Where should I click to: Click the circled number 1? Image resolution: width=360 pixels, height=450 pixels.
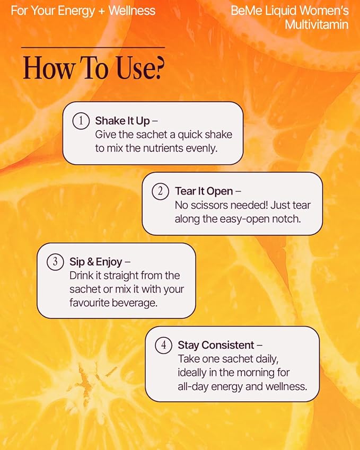tap(81, 121)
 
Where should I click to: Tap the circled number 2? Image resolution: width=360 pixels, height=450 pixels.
tap(161, 191)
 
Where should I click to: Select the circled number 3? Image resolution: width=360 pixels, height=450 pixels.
tap(55, 262)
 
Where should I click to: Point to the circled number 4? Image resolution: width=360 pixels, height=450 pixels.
tap(163, 345)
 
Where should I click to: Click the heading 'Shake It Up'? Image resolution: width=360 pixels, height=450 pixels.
tap(122, 121)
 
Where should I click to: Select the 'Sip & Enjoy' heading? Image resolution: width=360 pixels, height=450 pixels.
tap(96, 262)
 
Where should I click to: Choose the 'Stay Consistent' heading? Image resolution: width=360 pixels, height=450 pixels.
tap(216, 345)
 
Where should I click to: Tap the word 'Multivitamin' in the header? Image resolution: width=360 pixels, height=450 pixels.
tap(317, 24)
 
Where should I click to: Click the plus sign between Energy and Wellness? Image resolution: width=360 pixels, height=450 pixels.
tap(101, 11)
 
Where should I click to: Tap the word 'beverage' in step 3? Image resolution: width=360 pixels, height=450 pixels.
tap(137, 303)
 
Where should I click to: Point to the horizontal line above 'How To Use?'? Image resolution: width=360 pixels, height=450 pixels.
tap(93, 48)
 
